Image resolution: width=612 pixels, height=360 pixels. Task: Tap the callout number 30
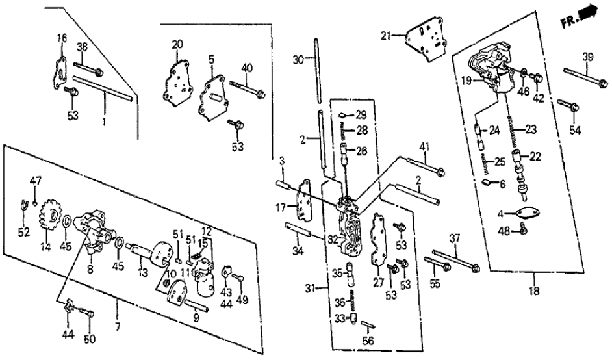[x=298, y=60]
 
